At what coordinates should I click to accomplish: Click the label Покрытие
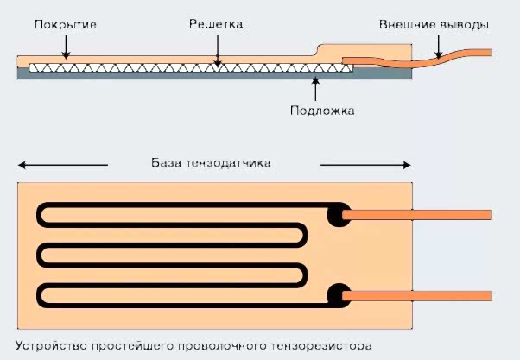tap(65, 25)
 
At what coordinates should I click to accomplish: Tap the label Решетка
tap(216, 25)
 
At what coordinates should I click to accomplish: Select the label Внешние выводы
tap(434, 25)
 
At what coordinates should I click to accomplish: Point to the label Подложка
tap(323, 111)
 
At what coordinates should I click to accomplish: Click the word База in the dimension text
tap(168, 163)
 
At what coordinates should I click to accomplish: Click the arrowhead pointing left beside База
tap(22, 164)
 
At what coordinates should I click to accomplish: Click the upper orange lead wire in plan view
tap(419, 214)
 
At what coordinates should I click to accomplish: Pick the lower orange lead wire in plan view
tap(419, 296)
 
